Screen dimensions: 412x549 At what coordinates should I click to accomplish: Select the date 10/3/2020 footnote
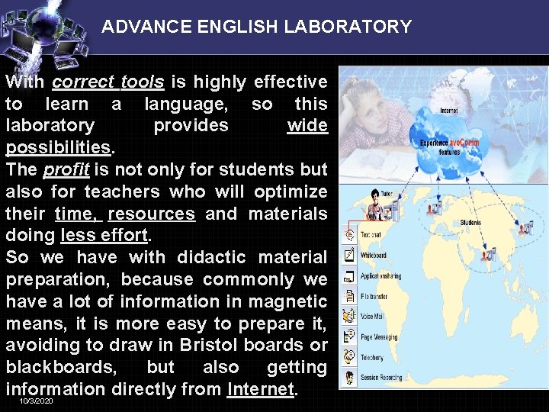tap(37, 401)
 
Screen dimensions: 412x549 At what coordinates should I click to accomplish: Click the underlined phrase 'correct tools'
tap(108, 82)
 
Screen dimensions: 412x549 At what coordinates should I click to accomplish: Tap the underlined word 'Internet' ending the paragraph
tap(260, 389)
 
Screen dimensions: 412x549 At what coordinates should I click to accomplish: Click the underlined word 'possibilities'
tap(59, 146)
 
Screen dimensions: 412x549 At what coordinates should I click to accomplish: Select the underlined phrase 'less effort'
tap(103, 235)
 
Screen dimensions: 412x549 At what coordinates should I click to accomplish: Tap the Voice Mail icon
tap(349, 315)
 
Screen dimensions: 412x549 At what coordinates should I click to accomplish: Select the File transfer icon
tap(349, 295)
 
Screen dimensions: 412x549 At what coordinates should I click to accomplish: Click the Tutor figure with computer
tap(374, 203)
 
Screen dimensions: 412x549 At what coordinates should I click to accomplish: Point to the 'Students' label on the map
tap(470, 223)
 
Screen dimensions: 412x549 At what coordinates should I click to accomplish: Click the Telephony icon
tap(349, 356)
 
